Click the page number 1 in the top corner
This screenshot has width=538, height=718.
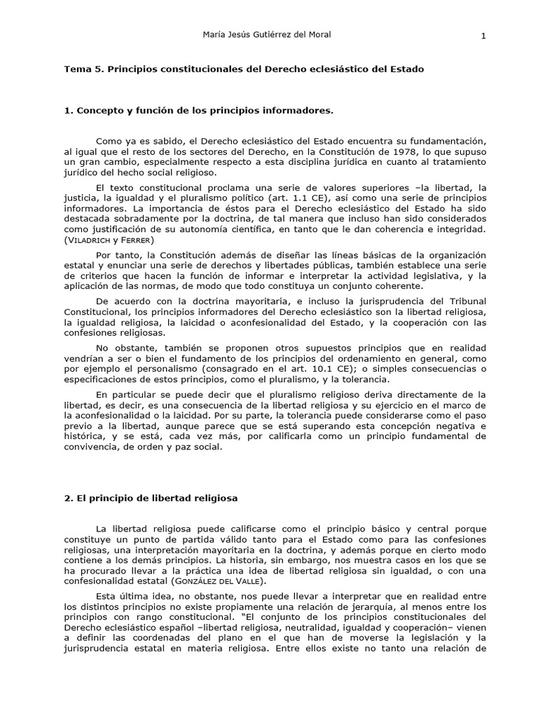coord(483,37)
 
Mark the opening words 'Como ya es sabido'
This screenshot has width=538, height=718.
coord(137,142)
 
